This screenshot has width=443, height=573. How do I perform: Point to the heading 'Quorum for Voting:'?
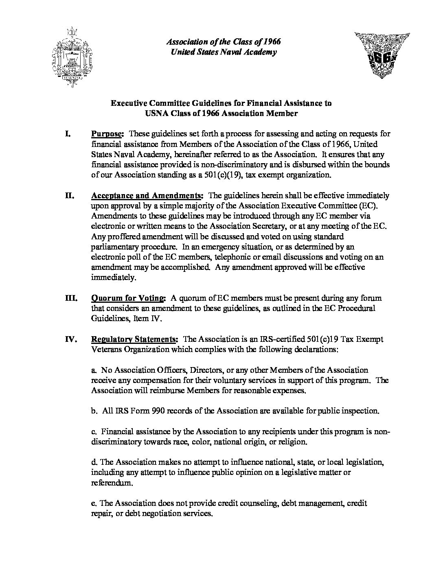128,298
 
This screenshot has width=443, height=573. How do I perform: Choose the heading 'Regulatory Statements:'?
134,339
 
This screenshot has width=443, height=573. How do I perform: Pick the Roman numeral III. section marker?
71,298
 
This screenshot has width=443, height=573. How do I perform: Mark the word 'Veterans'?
106,349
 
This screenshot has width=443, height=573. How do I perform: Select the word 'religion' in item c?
293,442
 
